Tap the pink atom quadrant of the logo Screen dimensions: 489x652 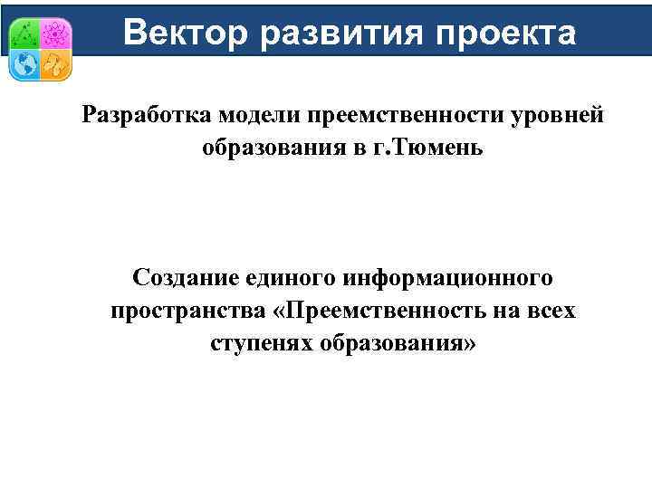[54, 34]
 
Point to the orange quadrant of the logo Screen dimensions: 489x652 [54, 64]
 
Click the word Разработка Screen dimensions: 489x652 [146, 115]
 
